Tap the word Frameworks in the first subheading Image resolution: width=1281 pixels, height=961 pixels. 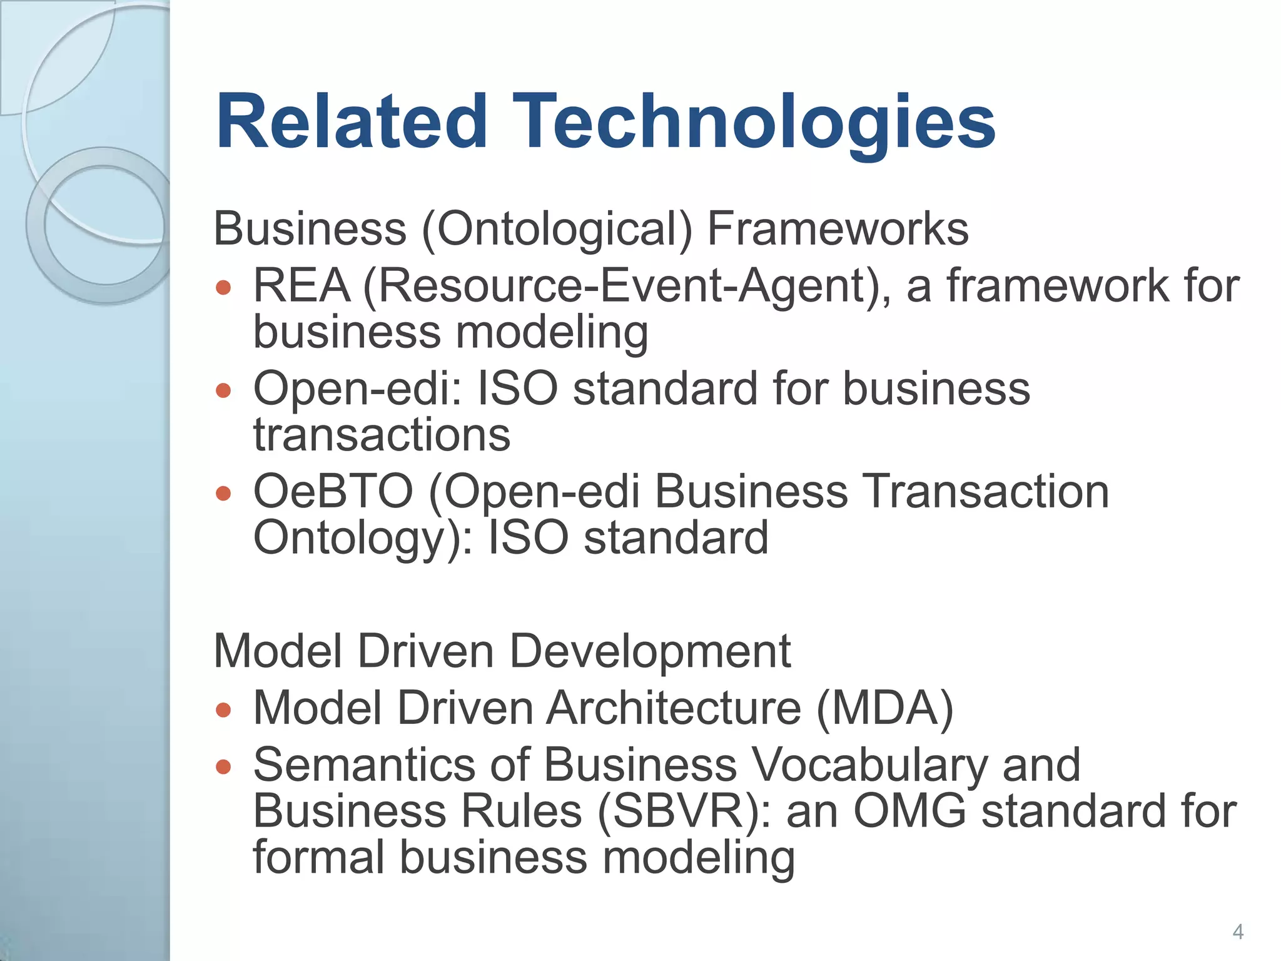point(838,229)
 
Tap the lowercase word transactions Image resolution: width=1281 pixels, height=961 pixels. point(382,435)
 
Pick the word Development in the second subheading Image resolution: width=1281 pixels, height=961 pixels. point(651,651)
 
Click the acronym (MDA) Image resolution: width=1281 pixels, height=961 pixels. point(885,708)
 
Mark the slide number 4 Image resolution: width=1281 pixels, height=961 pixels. point(1238,932)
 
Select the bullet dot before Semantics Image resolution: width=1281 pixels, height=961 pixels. point(223,766)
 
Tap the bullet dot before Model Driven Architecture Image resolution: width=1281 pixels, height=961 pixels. point(223,710)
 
